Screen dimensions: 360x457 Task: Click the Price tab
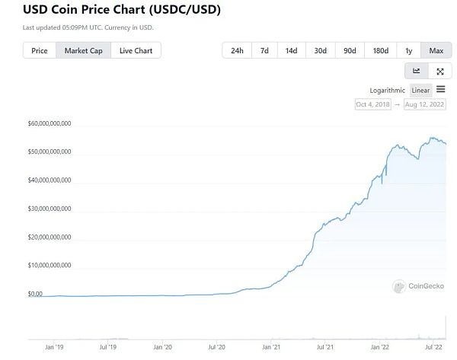click(x=40, y=51)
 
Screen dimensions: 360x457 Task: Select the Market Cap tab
click(x=83, y=51)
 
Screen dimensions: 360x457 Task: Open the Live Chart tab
click(x=136, y=51)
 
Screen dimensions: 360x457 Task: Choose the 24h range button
click(x=237, y=51)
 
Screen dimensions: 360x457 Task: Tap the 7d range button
click(x=264, y=51)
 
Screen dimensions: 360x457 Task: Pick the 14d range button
click(x=291, y=51)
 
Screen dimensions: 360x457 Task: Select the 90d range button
click(x=350, y=51)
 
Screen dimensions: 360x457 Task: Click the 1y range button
click(x=408, y=51)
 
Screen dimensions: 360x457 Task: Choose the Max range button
click(x=436, y=51)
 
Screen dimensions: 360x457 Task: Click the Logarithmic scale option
click(x=388, y=90)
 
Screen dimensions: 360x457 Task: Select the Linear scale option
click(x=420, y=90)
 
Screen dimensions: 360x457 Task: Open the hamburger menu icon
click(x=441, y=89)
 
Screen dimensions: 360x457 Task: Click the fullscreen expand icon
click(x=440, y=71)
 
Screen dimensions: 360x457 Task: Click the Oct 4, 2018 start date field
click(x=373, y=104)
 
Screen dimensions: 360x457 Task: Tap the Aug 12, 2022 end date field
click(x=425, y=104)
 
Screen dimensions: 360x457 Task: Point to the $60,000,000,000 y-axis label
click(x=50, y=123)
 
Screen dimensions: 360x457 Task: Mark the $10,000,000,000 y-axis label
click(x=50, y=266)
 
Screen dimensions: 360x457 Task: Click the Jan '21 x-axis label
click(x=272, y=347)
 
